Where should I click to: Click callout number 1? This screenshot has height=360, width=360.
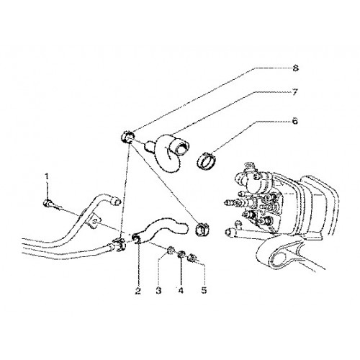[x=47, y=176]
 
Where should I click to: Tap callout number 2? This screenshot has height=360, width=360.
[x=138, y=291]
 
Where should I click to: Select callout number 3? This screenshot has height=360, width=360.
[x=158, y=291]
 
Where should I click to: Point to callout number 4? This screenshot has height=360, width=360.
[x=181, y=291]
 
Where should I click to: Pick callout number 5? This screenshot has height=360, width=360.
[x=204, y=291]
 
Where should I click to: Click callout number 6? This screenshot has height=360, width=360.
[x=295, y=121]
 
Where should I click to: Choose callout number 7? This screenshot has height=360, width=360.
[x=295, y=92]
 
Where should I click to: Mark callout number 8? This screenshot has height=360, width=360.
[x=295, y=68]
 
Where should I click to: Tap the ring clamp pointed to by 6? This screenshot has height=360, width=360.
[x=207, y=160]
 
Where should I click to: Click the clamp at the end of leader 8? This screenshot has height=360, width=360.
[x=127, y=137]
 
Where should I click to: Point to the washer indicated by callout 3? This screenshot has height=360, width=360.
[x=170, y=251]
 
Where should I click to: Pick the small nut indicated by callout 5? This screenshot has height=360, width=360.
[x=192, y=258]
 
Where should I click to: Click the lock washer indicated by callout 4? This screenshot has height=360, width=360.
[x=181, y=254]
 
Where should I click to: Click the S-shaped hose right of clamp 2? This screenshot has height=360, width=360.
[x=163, y=228]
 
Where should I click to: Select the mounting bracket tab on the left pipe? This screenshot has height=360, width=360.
[x=94, y=221]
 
